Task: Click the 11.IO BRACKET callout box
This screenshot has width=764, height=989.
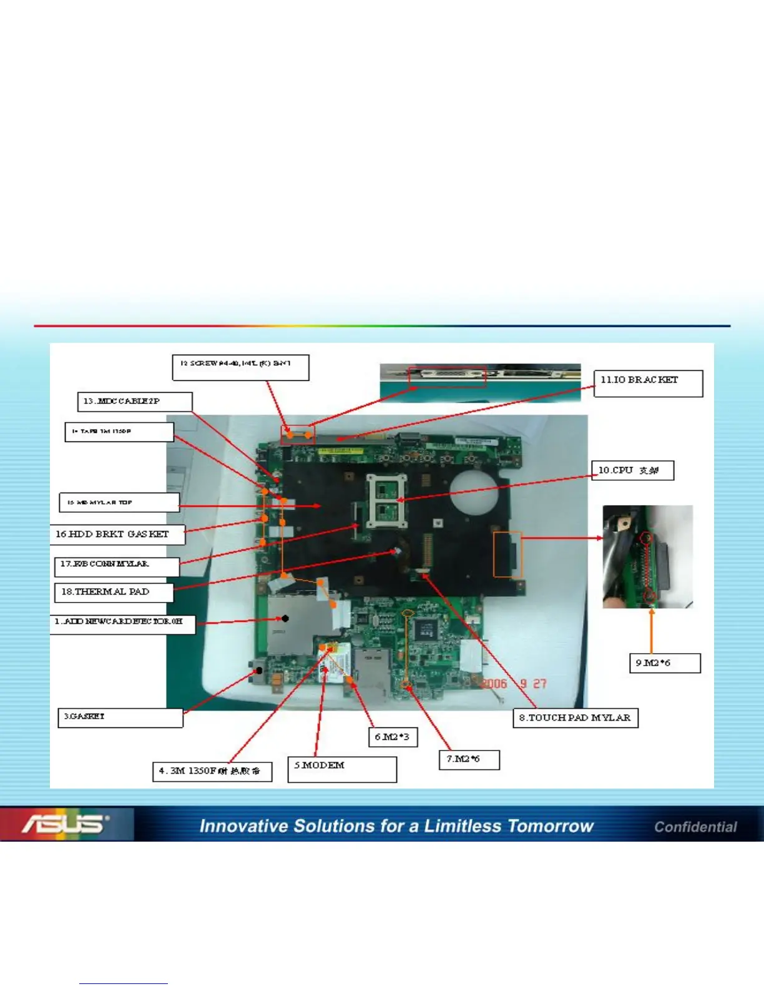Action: (648, 383)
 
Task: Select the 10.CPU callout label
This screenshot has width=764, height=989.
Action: (632, 470)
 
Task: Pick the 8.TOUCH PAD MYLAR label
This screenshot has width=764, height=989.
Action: (575, 718)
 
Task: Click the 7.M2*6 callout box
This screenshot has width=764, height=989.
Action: (469, 760)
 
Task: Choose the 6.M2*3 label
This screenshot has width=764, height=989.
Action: (392, 737)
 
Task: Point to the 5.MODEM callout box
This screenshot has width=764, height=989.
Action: (341, 769)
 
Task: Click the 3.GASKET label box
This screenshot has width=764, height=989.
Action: (120, 718)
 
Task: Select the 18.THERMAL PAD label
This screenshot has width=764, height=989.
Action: (112, 592)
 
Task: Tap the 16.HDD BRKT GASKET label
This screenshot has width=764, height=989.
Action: (118, 534)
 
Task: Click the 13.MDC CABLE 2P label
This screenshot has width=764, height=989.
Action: (134, 401)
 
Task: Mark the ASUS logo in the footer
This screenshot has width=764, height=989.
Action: (66, 824)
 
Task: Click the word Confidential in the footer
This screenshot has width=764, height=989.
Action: (695, 827)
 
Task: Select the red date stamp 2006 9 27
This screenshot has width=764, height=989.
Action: (513, 684)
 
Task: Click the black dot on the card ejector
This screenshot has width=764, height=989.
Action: (285, 619)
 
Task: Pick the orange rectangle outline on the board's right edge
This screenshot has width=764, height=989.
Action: (507, 554)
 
